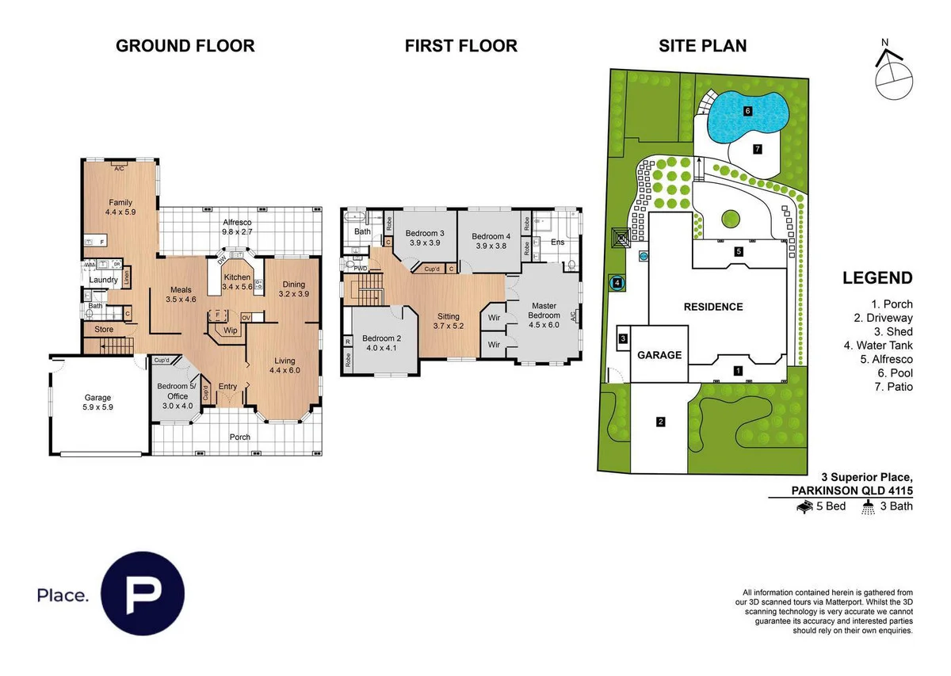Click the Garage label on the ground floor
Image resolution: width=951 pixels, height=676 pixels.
98,398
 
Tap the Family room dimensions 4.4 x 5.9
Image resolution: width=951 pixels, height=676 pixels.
120,212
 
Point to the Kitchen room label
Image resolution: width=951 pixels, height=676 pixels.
238,277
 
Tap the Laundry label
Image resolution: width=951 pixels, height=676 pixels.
104,280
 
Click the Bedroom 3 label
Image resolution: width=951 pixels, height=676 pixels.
423,234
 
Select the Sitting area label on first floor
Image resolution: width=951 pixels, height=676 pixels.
449,316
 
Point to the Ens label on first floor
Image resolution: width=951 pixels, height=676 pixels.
557,242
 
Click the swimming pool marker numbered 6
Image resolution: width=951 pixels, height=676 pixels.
747,112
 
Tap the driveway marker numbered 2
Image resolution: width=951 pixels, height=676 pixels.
660,422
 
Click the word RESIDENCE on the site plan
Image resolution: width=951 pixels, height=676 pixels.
714,307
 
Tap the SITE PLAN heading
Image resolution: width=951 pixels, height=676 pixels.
702,46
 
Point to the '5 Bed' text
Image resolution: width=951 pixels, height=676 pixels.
831,506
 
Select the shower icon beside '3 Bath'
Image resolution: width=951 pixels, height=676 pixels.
869,506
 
